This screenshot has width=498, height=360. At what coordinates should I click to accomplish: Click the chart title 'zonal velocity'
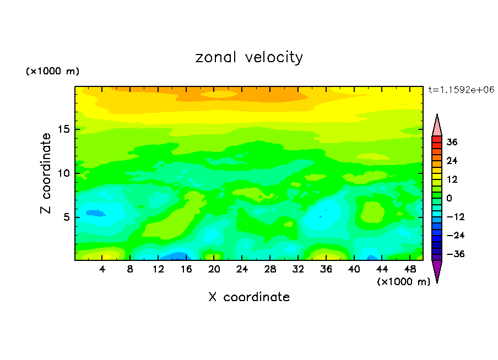coord(249,57)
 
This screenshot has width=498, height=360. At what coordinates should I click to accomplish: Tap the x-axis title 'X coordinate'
coord(249,297)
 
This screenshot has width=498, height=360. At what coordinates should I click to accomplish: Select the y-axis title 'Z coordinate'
coord(46,173)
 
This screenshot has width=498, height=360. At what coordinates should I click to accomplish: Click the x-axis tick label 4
coord(102,270)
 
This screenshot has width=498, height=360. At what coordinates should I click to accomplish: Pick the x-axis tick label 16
coord(186,270)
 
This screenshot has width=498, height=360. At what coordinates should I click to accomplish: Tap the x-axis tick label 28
coord(270,270)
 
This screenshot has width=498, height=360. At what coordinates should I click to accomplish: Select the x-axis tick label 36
coord(326,270)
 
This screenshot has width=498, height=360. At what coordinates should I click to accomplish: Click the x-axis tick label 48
coord(410,270)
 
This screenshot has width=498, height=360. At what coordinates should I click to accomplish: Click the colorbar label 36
coord(452,142)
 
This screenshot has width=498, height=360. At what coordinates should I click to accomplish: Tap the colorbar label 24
coord(452,161)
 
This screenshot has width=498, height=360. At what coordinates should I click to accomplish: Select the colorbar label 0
coord(450,198)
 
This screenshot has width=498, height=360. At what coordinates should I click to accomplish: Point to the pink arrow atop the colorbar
coord(437,126)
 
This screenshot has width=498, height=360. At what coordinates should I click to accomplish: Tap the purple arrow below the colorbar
coord(437,270)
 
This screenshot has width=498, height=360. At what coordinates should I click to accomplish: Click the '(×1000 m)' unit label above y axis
coord(53,72)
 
